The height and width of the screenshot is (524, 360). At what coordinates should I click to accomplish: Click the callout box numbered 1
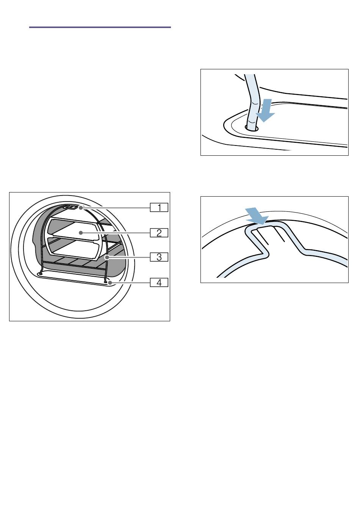pos(159,208)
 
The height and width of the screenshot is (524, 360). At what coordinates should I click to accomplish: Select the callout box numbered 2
pos(159,233)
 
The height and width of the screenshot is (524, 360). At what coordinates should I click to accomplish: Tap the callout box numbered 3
pos(159,257)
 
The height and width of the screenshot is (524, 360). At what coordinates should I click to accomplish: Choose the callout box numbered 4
pos(159,282)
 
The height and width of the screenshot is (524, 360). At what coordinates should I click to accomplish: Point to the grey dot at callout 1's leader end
pos(81,208)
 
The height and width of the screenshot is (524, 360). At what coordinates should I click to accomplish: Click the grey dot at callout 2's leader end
pos(81,233)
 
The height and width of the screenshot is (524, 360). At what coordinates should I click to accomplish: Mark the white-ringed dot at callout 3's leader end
pos(107,257)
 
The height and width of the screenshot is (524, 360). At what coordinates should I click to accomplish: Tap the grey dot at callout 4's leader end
pos(110,283)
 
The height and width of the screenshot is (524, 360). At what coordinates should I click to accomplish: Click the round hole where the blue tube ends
pos(252,128)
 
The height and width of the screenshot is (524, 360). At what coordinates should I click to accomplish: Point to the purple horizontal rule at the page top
pos(100,27)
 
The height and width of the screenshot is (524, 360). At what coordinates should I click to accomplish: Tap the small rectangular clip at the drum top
pos(71,207)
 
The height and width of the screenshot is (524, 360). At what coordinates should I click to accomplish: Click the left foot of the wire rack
pos(41,272)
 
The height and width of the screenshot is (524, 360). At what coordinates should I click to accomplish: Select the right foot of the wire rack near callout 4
pos(106,282)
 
